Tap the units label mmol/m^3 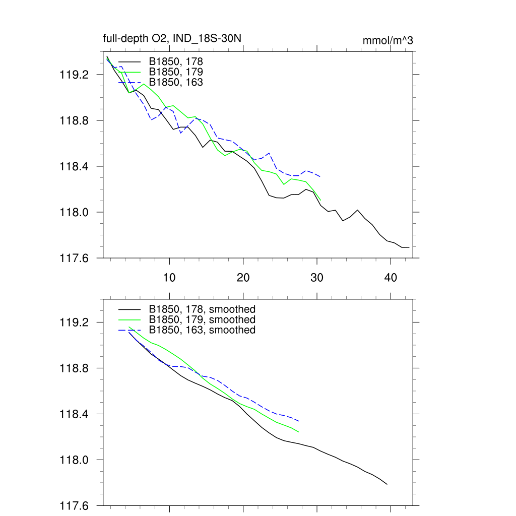click(x=388, y=40)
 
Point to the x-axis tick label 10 click(x=169, y=278)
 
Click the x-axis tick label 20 click(x=243, y=278)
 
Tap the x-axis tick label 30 click(x=317, y=278)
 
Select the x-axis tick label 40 click(x=391, y=278)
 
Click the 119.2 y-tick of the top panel click(x=74, y=75)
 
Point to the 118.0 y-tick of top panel click(x=74, y=212)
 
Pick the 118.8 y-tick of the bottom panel click(x=74, y=368)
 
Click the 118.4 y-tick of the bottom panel click(x=74, y=414)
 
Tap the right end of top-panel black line click(x=409, y=247)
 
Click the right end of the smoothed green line click(x=299, y=432)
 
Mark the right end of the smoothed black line click(x=387, y=484)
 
